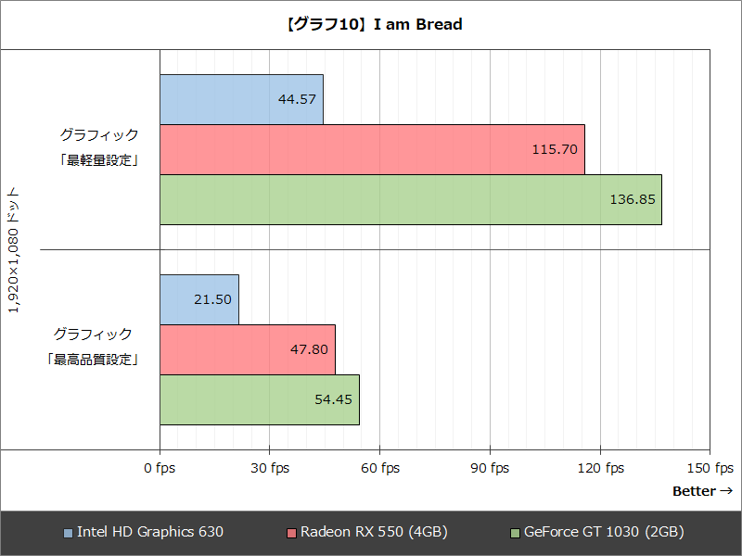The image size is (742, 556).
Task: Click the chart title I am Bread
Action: coord(371,25)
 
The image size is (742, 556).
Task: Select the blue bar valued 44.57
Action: coord(241,99)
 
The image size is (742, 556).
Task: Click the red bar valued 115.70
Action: coord(372,149)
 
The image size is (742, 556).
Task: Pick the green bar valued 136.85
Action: coord(410,199)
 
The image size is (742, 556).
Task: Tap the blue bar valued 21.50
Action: coord(198,299)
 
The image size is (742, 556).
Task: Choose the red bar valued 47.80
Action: coord(247,349)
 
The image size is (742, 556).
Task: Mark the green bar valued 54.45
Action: coord(259,399)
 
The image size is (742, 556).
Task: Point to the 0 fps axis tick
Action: coord(160,468)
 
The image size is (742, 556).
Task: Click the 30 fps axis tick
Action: coord(269,468)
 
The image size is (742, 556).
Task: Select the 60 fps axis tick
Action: coord(379,468)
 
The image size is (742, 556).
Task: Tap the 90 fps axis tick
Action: coord(489,468)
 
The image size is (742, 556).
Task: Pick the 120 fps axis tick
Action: coord(599,468)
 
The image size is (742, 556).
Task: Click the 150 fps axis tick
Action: coord(710,468)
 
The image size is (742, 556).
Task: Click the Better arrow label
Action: coord(702,491)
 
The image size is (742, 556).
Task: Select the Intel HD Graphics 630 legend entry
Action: coord(144,532)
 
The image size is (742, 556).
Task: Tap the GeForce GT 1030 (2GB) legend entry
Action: coord(597,532)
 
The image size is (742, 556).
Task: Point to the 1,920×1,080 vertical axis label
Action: coord(14,249)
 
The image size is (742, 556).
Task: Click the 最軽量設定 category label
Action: coord(96,159)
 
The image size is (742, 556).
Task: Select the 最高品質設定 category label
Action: coord(93,359)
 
